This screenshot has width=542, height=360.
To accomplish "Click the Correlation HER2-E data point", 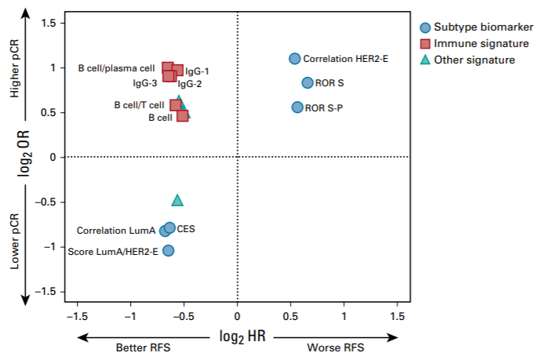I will pyautogui.click(x=295, y=59).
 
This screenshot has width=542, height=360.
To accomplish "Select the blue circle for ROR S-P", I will pyautogui.click(x=297, y=107).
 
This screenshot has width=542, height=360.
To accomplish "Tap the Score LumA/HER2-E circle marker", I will pyautogui.click(x=168, y=251).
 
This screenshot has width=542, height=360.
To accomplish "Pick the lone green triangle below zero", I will pyautogui.click(x=177, y=201).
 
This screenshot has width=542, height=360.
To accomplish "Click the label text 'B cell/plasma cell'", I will pyautogui.click(x=116, y=68).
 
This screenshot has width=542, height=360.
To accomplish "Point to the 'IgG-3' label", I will pyautogui.click(x=145, y=82).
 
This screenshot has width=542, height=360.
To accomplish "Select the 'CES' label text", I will pyautogui.click(x=186, y=229).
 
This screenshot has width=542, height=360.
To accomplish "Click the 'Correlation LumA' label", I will pyautogui.click(x=115, y=231).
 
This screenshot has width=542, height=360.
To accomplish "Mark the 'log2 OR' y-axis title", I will pyautogui.click(x=26, y=158).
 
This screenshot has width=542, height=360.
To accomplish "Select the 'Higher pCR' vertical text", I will pyautogui.click(x=15, y=87).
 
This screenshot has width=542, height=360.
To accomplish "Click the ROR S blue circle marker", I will pyautogui.click(x=307, y=83).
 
